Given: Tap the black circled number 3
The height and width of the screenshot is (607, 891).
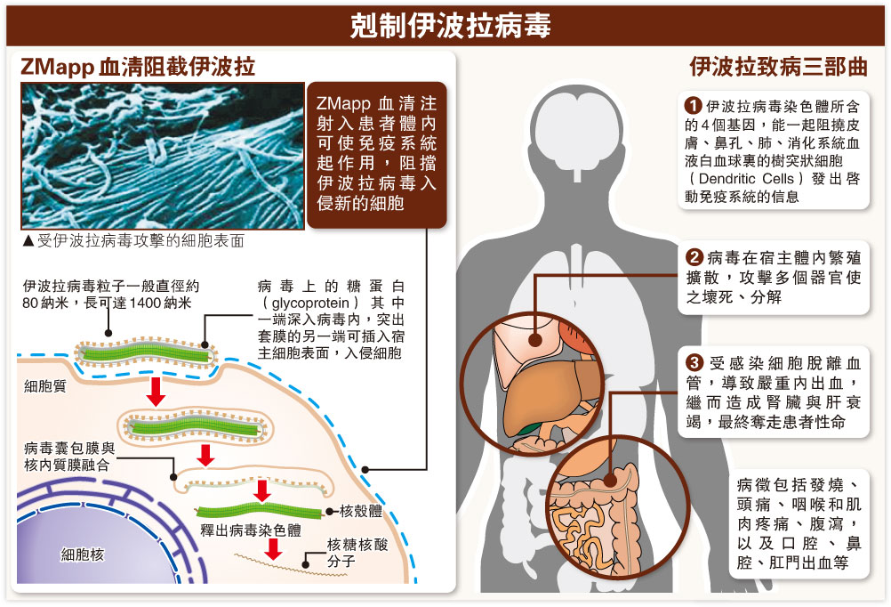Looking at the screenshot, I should [x=695, y=363].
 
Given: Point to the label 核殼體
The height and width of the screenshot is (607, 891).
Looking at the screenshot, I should [x=362, y=512].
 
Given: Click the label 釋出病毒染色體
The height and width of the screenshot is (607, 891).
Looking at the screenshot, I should [x=250, y=530].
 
